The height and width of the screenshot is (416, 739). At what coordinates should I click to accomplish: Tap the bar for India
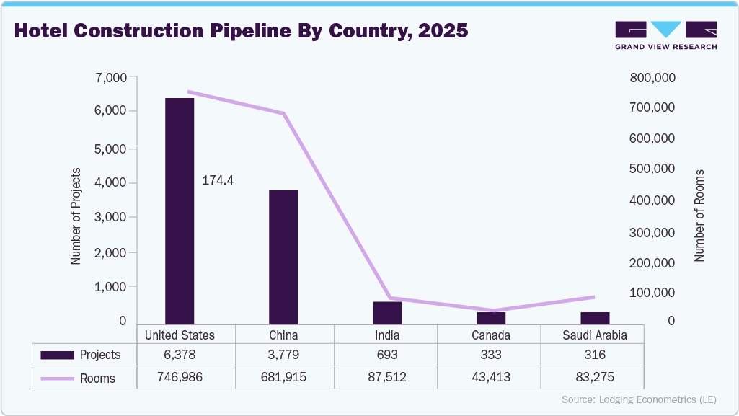(387, 313)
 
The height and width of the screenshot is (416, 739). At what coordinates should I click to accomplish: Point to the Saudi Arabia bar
(595, 318)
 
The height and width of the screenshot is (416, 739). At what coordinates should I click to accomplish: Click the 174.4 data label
(217, 180)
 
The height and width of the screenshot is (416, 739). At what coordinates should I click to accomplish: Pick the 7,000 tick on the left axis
(110, 77)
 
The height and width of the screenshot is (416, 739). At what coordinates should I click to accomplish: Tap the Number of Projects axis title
(76, 216)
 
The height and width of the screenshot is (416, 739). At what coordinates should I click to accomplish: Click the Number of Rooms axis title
(699, 216)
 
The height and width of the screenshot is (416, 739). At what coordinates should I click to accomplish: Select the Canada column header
(491, 335)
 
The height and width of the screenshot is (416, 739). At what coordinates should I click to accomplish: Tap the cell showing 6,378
(180, 355)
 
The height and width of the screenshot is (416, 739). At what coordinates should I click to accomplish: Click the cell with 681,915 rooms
(283, 378)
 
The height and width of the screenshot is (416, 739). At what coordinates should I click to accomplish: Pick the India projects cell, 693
(387, 355)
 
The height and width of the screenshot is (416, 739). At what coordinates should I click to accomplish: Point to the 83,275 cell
(595, 378)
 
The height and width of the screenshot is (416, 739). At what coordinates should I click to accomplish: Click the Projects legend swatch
(58, 355)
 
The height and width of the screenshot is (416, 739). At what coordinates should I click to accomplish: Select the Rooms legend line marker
(58, 378)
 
